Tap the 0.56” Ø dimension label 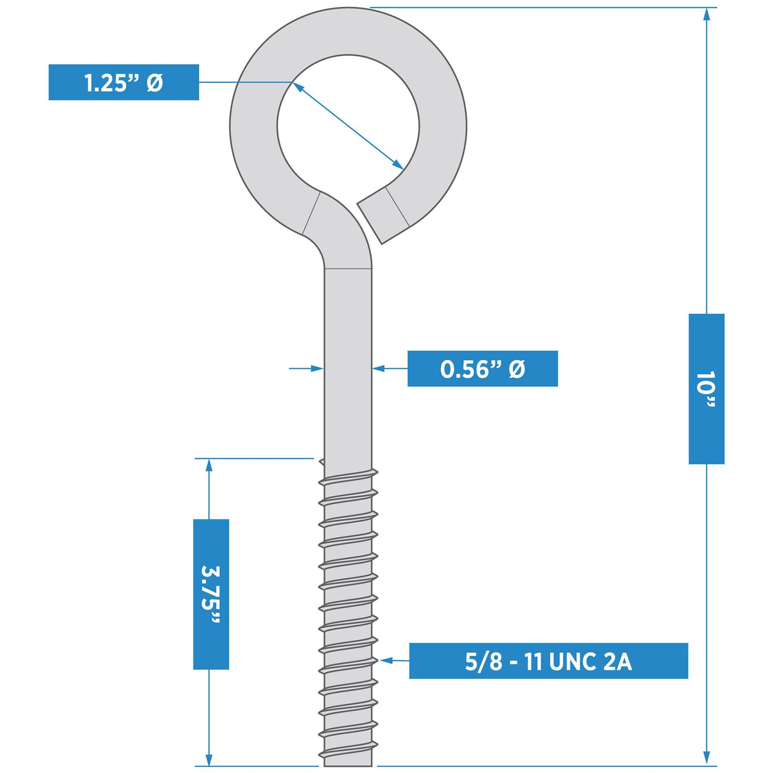[x=483, y=369]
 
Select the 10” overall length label [x=707, y=389]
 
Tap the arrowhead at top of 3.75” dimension [x=209, y=466]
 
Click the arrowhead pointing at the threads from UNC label [x=386, y=660]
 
